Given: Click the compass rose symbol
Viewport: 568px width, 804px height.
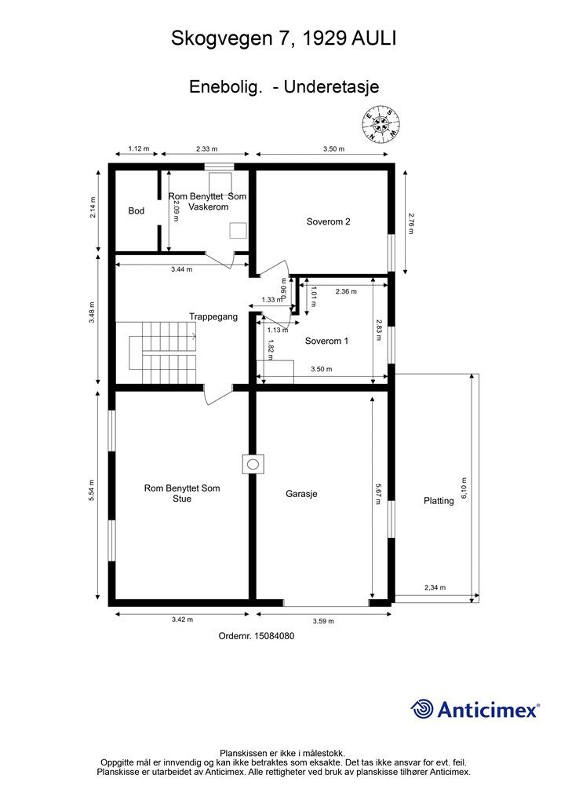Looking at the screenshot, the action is tap(381, 123).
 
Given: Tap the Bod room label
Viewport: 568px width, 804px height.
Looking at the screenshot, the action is tap(137, 210).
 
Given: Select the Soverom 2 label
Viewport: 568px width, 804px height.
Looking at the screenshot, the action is tap(328, 221).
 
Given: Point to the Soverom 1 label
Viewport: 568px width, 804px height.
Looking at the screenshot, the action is tap(327, 341).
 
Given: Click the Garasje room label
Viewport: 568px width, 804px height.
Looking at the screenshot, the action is tap(302, 494).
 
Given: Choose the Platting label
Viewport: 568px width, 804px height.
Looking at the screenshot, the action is tap(439, 501).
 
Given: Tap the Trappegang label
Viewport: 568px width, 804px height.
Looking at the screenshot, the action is tap(213, 316).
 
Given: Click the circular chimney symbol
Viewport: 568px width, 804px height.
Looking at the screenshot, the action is tap(253, 465).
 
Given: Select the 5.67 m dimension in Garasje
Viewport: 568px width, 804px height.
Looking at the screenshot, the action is tap(377, 493).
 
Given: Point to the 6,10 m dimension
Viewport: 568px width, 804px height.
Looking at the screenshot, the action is tap(464, 488).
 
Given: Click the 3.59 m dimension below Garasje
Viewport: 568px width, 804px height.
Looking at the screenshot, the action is tap(324, 621).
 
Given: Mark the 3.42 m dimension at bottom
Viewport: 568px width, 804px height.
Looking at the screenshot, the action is tap(182, 619).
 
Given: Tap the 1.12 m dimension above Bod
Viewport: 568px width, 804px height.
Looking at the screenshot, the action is tap(138, 148).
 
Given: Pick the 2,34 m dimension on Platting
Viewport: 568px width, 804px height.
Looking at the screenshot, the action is tap(435, 587).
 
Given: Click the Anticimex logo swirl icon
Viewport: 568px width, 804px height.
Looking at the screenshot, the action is tap(421, 709).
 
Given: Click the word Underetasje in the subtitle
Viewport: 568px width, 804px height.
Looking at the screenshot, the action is tap(331, 86).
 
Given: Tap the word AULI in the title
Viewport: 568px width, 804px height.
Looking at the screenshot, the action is tap(373, 38).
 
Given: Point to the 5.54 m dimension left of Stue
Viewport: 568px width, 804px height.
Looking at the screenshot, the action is tap(92, 490).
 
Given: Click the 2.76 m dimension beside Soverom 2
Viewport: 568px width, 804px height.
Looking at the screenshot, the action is tap(410, 224).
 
